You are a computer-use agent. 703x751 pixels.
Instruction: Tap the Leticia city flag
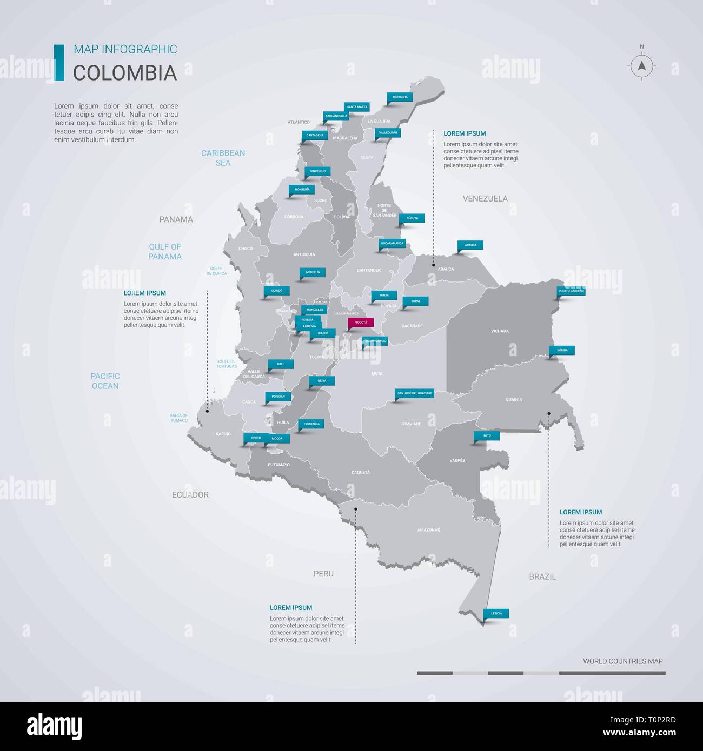click(496, 614)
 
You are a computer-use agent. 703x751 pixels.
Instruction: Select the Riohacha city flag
click(400, 97)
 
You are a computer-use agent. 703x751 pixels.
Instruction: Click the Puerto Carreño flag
click(571, 291)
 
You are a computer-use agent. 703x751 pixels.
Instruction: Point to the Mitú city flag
click(487, 435)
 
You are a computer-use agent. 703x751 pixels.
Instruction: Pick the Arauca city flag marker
click(470, 245)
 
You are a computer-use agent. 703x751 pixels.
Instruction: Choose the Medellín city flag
click(313, 273)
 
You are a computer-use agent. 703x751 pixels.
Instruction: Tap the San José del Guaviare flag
click(415, 393)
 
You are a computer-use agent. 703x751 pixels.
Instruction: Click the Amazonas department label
click(428, 530)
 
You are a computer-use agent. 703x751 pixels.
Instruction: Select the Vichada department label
click(500, 331)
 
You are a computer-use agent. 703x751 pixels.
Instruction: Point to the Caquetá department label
click(361, 472)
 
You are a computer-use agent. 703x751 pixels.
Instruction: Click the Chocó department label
click(246, 249)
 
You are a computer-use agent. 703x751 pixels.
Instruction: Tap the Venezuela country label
click(485, 198)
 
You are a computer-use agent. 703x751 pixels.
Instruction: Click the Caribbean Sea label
click(223, 158)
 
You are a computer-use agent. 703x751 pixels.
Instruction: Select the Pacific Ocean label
click(105, 381)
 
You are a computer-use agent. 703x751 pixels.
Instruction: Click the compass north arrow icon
click(642, 66)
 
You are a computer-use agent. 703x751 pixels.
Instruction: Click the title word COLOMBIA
click(125, 73)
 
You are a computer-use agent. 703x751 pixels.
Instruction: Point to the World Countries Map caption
click(622, 661)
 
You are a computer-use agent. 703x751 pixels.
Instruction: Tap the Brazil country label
click(542, 576)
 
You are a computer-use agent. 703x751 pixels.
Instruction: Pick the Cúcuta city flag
click(412, 218)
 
